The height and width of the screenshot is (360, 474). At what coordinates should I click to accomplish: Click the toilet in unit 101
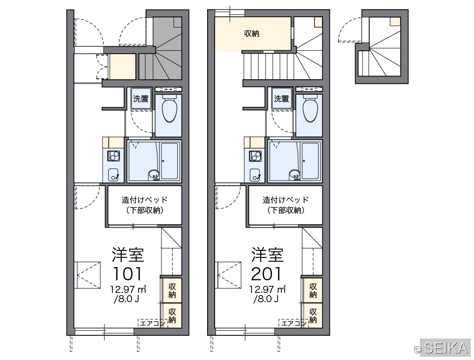tap(169, 109)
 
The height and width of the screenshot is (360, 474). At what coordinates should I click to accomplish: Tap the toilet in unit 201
tap(310, 109)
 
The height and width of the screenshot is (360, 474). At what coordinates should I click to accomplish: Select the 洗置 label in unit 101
tap(141, 98)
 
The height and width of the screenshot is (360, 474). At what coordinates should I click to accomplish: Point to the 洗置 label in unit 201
tap(281, 98)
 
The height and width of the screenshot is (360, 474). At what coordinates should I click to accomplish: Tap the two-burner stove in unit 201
tap(255, 156)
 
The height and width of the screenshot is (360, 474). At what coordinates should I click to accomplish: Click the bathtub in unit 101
tap(169, 161)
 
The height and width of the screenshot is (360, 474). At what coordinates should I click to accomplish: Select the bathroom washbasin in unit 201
tap(294, 175)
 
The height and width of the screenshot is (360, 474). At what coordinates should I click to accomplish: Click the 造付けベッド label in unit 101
tap(145, 200)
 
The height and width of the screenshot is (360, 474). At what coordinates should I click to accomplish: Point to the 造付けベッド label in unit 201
tap(286, 200)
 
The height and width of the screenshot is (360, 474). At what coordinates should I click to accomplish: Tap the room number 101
tap(127, 274)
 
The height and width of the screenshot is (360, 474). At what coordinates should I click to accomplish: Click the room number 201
tap(266, 274)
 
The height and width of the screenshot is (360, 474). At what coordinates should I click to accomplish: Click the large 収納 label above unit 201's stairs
tap(251, 34)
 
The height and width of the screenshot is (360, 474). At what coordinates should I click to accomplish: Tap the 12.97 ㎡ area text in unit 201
tap(267, 289)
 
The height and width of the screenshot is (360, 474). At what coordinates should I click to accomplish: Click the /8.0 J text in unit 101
tap(126, 299)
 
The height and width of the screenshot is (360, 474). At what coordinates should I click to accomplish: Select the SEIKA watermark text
tap(446, 348)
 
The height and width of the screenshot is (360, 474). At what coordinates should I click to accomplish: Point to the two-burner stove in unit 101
tap(114, 156)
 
